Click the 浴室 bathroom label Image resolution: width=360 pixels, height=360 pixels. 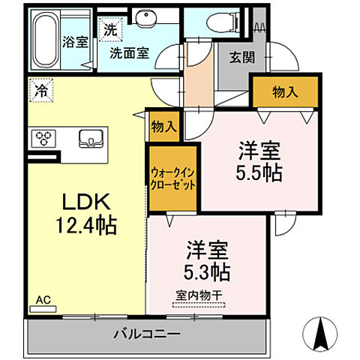74,43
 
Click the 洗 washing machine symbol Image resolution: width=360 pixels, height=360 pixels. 111,31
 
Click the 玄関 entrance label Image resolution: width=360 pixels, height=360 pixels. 234,58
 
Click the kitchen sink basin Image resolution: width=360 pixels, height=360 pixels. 91,138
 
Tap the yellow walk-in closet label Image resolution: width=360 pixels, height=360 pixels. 172,178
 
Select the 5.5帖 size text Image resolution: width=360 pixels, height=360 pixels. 259,172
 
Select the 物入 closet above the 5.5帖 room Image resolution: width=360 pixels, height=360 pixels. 284,92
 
